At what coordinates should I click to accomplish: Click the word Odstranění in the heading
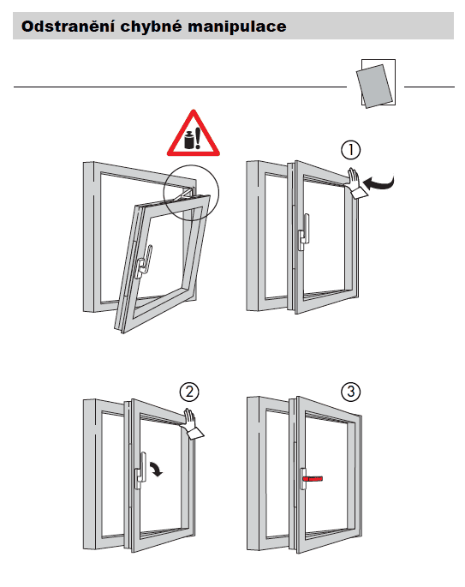[68, 27]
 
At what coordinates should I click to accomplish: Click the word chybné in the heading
[151, 27]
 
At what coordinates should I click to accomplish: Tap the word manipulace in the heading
[237, 27]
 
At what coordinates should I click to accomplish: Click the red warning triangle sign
[193, 134]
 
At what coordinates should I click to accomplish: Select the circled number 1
[350, 150]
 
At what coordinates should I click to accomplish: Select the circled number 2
[189, 392]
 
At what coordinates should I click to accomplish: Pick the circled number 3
[351, 392]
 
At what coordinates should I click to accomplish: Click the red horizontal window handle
[313, 478]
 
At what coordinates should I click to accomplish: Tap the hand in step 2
[192, 424]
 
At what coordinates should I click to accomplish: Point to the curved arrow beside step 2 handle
[157, 469]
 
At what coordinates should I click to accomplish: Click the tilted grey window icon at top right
[375, 86]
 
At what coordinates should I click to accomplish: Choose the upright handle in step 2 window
[140, 470]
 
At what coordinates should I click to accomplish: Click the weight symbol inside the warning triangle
[189, 140]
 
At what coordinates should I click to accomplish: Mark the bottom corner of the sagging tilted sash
[122, 332]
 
